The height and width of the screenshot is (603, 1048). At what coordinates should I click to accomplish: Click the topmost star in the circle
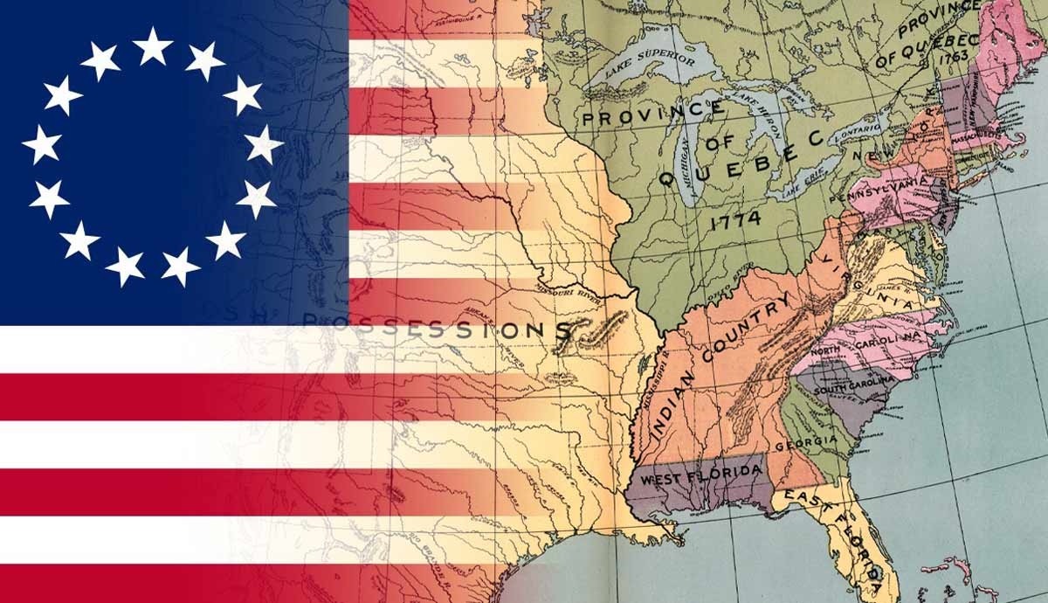[x=153, y=45]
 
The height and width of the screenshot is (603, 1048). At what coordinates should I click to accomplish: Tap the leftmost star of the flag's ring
[x=42, y=143]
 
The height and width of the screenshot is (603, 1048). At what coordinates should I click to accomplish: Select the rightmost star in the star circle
[x=263, y=143]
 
